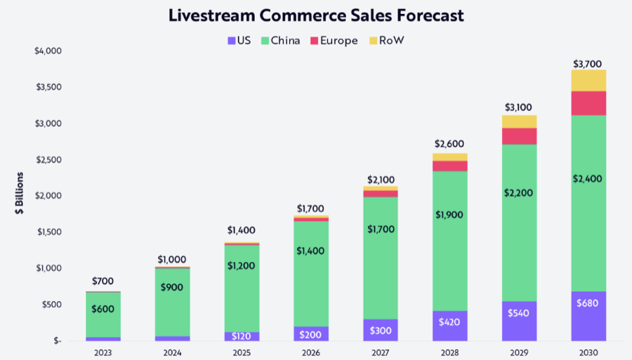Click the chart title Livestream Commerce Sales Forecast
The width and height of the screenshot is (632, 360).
pos(315,15)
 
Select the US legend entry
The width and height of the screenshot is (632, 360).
pos(239,41)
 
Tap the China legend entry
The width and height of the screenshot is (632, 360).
pos(280,41)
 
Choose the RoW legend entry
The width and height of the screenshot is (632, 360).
pos(386,41)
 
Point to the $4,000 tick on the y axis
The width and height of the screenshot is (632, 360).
pos(48,51)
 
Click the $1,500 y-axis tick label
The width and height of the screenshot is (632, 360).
pos(48,232)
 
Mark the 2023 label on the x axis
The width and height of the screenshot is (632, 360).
pos(103,351)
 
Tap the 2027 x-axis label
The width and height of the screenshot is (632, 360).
pos(380,351)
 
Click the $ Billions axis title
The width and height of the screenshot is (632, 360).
pos(21,195)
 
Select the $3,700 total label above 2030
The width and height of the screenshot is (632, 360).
pos(588,64)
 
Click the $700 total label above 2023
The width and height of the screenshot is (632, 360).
pos(103,281)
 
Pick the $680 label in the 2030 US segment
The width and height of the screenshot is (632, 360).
pos(588,303)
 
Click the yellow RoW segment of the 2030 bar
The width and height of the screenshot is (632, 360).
pos(588,81)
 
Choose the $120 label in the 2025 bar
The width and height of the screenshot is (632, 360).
pos(241,336)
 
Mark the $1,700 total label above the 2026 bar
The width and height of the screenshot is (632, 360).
pos(310,208)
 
